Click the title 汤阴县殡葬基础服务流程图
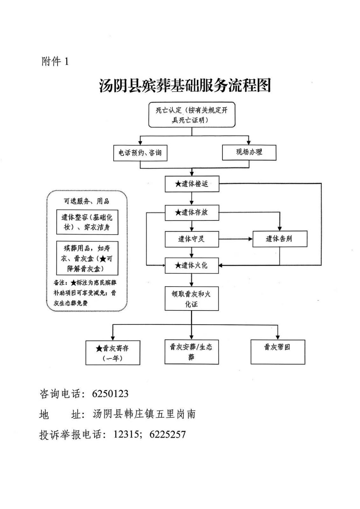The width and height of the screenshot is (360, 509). click(185, 85)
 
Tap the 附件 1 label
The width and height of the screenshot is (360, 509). click(55, 61)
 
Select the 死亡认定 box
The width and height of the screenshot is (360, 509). click(192, 115)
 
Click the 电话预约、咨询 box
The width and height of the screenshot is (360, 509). click(140, 153)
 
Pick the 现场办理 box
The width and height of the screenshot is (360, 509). click(249, 152)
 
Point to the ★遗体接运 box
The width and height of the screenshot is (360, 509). click(192, 184)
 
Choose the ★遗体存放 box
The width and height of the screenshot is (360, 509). click(192, 213)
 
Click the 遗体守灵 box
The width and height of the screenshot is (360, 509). click(192, 239)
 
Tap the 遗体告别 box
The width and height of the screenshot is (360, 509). click(279, 239)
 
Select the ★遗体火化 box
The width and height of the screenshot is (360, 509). click(192, 265)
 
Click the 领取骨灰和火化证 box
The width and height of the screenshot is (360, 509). click(192, 299)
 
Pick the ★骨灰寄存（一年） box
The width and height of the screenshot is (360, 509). click(113, 353)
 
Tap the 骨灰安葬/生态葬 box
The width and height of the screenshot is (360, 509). click(192, 352)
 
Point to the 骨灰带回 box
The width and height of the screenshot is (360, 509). click(278, 352)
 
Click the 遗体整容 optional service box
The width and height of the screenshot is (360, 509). click(87, 222)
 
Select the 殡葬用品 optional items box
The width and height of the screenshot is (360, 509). click(87, 258)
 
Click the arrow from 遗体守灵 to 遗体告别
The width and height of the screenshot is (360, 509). click(236, 239)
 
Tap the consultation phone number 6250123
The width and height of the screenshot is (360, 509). click(110, 394)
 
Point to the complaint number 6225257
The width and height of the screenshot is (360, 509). click(167, 434)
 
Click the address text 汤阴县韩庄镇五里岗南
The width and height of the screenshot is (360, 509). click(144, 414)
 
